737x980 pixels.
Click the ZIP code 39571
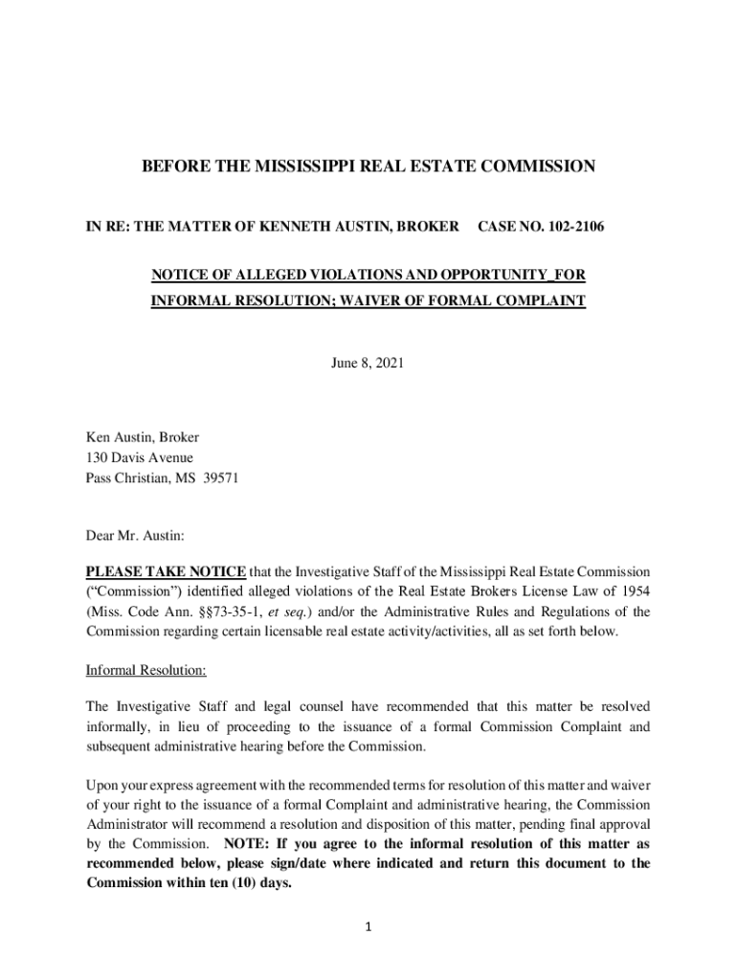220,479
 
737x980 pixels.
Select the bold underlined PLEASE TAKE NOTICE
167,572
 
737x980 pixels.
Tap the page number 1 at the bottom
368,925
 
